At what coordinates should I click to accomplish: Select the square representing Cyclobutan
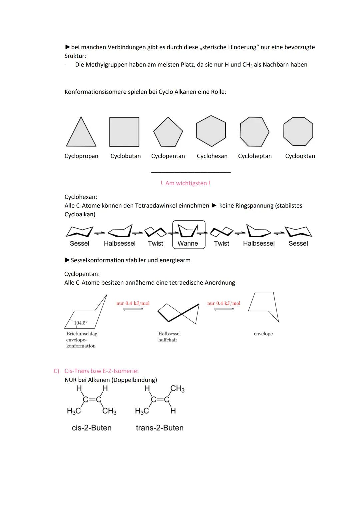click(124, 132)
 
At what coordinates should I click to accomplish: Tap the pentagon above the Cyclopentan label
click(168, 133)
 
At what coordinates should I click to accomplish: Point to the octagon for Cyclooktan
click(298, 131)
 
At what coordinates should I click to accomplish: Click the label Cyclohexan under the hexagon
click(212, 156)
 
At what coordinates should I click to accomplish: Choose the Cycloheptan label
click(255, 156)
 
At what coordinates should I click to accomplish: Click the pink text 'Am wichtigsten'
click(185, 183)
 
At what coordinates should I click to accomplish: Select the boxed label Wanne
click(188, 244)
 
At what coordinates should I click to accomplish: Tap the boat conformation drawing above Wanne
click(188, 230)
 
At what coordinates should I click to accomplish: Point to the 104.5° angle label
click(80, 323)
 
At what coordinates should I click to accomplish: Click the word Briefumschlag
click(82, 334)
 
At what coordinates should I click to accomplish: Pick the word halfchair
click(168, 340)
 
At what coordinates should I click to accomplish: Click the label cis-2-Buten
click(92, 428)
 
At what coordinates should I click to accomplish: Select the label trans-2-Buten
click(160, 428)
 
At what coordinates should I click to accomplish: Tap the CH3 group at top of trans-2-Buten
click(177, 389)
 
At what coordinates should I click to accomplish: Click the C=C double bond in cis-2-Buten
click(92, 399)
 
